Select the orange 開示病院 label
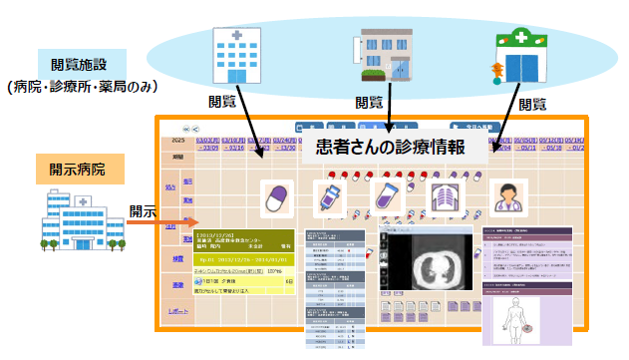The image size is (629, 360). (x=80, y=169)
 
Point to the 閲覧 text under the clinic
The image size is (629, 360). (x=369, y=102)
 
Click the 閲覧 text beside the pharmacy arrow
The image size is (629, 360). (x=532, y=102)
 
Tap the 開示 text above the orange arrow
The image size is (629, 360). (x=143, y=211)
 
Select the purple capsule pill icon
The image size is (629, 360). (x=274, y=199)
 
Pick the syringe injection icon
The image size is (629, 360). (x=326, y=199)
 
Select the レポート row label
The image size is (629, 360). (x=178, y=311)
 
